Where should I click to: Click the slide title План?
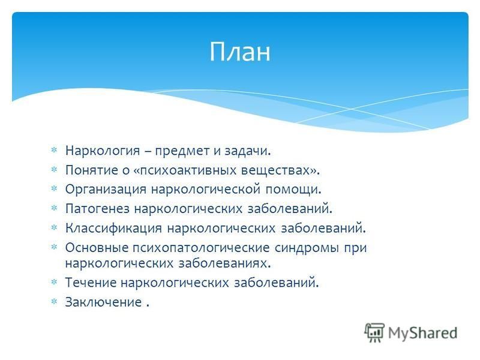pos(240,52)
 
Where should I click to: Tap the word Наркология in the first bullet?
pos(103,151)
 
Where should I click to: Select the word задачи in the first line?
pos(248,151)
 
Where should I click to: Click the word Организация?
pos(106,190)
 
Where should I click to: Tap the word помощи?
pos(293,190)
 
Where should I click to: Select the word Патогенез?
pos(98,209)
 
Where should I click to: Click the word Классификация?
pos(113,229)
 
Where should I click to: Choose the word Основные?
pos(97,248)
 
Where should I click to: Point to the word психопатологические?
pos(201,248)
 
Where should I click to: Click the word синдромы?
pos(307,248)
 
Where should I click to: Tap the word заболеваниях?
pos(224,263)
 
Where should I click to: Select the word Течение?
pos(91,283)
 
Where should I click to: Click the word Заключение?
pos(103,302)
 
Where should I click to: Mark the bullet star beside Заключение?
pos(54,302)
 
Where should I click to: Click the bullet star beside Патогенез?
pos(54,208)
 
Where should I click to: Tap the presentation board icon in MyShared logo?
pos(374,332)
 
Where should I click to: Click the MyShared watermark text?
pos(422,333)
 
